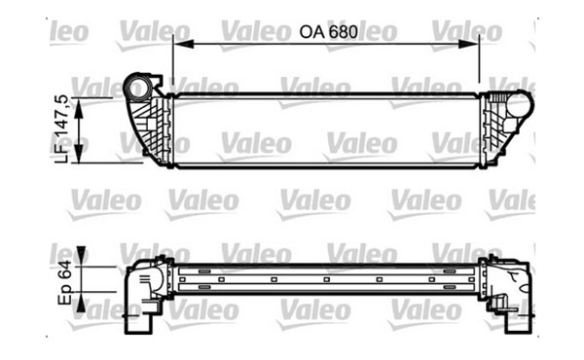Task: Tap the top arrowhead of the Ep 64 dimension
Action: (82, 256)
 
